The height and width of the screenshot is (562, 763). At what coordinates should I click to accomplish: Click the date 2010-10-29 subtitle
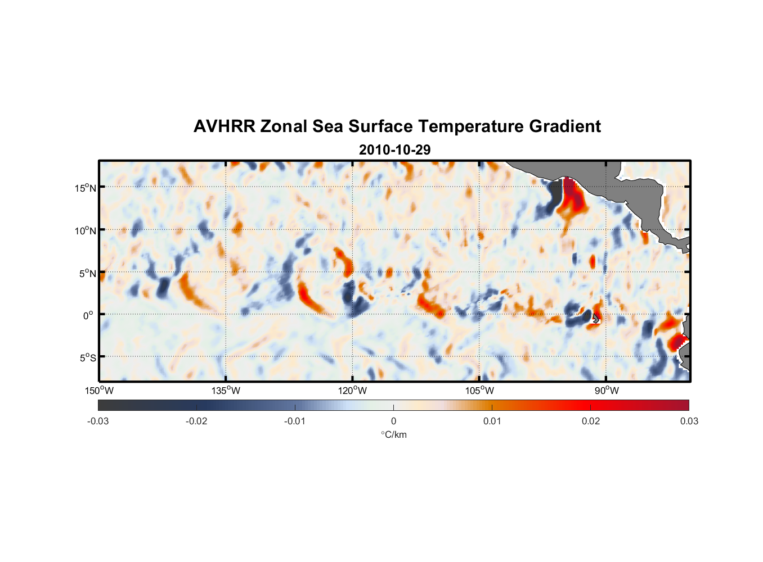click(394, 150)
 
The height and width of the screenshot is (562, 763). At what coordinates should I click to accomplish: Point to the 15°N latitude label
click(85, 188)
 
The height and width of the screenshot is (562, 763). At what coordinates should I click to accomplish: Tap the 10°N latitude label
click(85, 230)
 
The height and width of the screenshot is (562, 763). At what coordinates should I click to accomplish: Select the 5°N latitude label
click(87, 274)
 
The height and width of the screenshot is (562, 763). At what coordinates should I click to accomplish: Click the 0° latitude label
click(88, 315)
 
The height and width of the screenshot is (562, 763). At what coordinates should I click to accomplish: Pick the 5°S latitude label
click(87, 358)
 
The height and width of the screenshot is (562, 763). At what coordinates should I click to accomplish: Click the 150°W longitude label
click(99, 391)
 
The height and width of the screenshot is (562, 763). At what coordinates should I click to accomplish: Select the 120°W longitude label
click(352, 391)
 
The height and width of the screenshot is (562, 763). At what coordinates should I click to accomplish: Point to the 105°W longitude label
click(479, 391)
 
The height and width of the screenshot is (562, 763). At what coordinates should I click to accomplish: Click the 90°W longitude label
click(607, 391)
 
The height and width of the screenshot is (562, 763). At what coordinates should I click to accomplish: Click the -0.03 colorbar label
click(98, 422)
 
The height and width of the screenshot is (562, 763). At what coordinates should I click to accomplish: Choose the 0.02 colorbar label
click(591, 422)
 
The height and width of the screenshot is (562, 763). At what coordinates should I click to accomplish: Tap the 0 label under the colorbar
click(393, 422)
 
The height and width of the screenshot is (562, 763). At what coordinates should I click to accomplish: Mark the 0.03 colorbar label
click(689, 422)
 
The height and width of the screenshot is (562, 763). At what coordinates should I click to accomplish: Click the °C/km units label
click(393, 435)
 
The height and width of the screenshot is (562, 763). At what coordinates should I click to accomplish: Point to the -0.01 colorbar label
click(295, 422)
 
